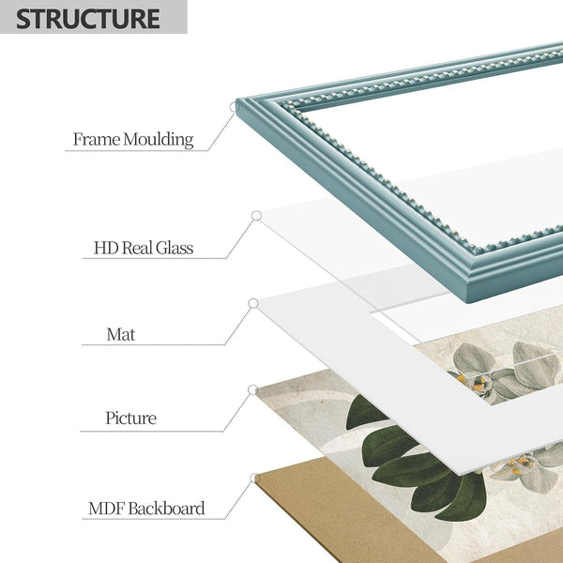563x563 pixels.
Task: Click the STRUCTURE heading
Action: tap(88, 19)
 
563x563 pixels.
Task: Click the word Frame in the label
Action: tap(97, 139)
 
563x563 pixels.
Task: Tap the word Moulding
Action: tap(159, 140)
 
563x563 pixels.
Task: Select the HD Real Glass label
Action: tap(144, 248)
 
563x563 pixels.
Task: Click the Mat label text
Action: tap(121, 335)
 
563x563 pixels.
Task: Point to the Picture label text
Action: tap(130, 418)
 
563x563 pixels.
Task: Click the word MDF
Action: tap(107, 509)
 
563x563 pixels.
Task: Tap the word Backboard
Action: tap(167, 509)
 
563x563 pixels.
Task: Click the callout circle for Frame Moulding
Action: tap(235, 107)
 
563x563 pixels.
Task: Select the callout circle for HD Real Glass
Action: tap(256, 216)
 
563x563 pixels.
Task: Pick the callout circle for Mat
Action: tap(253, 303)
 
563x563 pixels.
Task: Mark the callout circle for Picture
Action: tap(253, 389)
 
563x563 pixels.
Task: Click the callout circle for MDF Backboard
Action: tap(255, 478)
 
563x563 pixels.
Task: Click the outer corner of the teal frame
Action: tap(237, 100)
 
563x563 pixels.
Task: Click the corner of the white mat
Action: tap(258, 301)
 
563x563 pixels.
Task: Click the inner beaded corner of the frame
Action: tap(284, 105)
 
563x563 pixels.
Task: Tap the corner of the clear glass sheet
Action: tap(259, 214)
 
